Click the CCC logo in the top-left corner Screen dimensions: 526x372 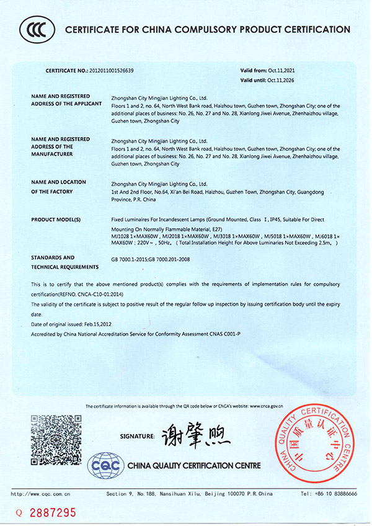click(x=37, y=29)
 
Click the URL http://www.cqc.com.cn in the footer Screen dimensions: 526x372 click(x=41, y=494)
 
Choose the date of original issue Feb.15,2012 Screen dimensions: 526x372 click(x=97, y=324)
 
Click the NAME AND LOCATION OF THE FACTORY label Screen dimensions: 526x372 click(x=58, y=187)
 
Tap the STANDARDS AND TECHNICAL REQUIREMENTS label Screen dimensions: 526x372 click(x=64, y=262)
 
